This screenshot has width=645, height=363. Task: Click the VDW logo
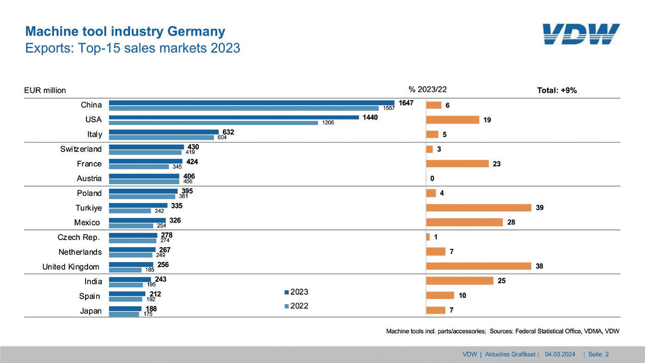[581, 34]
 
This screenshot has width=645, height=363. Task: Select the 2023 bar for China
[252, 103]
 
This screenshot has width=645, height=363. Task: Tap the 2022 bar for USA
[213, 123]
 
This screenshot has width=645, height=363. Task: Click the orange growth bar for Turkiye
[478, 208]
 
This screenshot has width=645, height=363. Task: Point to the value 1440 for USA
[370, 117]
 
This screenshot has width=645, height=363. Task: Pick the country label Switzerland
[81, 149]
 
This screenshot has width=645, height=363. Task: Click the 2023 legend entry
[296, 292]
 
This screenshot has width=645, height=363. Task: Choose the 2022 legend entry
[296, 306]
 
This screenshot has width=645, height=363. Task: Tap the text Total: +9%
[557, 91]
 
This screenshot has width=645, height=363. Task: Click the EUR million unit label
[45, 91]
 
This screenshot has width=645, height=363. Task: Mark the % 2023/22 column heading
[428, 90]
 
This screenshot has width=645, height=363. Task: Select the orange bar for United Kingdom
[478, 266]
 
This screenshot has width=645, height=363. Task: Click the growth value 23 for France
[497, 164]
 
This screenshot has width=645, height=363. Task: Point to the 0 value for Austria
[432, 179]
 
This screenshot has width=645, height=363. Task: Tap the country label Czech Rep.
[79, 237]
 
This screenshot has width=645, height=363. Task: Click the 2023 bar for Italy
[163, 132]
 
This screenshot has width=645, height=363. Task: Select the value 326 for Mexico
[175, 220]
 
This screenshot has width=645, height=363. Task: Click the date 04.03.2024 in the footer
[560, 354]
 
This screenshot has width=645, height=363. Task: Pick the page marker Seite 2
[598, 354]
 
